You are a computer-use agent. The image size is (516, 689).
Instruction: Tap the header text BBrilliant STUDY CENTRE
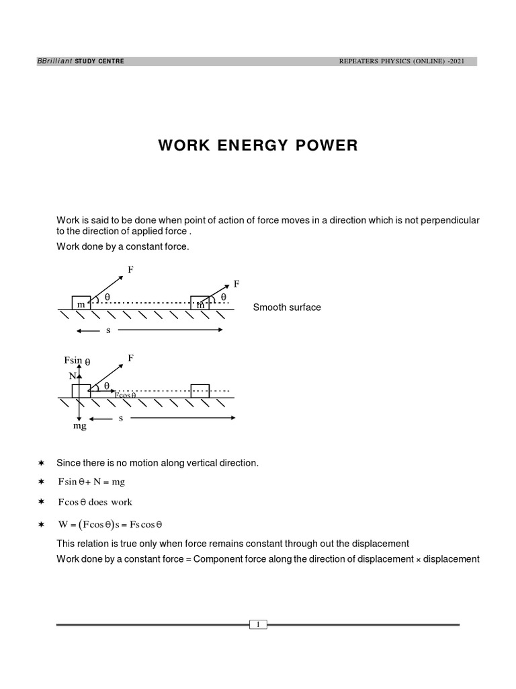pos(80,62)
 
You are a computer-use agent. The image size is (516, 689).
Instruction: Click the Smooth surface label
pos(287,307)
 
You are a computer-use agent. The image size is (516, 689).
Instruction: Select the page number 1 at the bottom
pos(258,625)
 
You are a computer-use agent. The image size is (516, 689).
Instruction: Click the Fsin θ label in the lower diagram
pos(77,361)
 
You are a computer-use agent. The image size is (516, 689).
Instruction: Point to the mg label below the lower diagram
pos(80,426)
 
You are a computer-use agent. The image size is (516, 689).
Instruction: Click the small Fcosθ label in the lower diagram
pos(125,395)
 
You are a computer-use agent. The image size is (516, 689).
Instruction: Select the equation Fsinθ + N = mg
pos(91,482)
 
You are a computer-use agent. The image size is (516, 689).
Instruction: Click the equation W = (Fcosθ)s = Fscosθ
pos(111,524)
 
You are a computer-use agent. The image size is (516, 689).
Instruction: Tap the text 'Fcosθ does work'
pos(95,502)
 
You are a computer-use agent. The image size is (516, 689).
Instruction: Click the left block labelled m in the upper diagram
pos(81,303)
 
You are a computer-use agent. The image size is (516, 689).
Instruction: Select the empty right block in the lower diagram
pos(200,391)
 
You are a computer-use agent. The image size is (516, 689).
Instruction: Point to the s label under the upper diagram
pos(107,330)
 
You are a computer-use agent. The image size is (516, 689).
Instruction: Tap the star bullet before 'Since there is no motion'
pos(42,463)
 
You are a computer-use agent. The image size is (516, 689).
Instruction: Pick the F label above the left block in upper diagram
pos(130,270)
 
